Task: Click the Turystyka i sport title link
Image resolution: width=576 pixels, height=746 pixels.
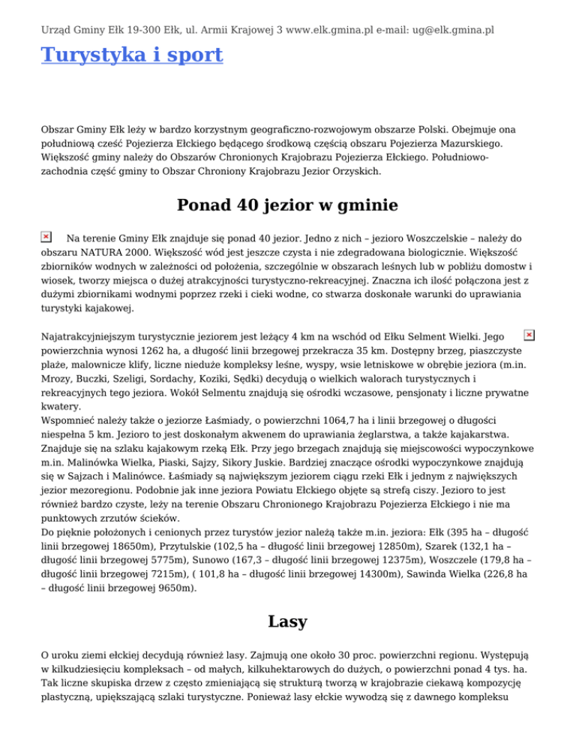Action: (x=132, y=55)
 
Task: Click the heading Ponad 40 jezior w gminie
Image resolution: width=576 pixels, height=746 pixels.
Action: (x=287, y=205)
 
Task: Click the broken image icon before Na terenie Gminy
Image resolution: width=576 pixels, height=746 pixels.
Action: (x=46, y=236)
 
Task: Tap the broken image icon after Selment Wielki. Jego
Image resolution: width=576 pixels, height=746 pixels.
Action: (x=529, y=334)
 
